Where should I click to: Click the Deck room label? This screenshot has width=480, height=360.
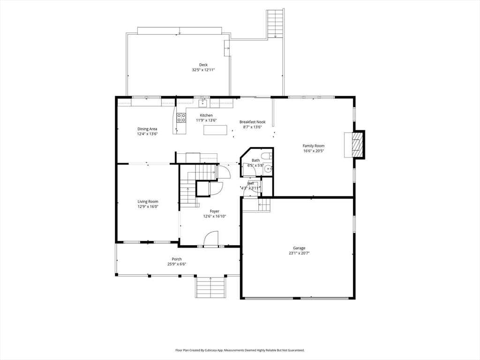point(203,65)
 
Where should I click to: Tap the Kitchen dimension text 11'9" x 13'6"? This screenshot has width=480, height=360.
point(206,120)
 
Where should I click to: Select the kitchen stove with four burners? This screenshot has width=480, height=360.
point(181,118)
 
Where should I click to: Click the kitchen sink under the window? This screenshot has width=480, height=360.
point(202,103)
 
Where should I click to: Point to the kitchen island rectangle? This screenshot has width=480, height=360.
point(216,130)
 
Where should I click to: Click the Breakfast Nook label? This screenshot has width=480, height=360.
point(252,122)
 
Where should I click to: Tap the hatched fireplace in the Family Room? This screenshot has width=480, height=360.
point(357,144)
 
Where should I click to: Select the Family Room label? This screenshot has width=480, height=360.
point(314,146)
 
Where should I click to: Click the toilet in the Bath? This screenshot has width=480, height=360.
point(267,156)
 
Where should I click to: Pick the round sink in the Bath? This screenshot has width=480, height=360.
point(268,168)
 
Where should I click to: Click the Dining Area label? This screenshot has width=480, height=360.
point(147,129)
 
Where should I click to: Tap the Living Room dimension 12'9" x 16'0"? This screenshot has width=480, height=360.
point(148,207)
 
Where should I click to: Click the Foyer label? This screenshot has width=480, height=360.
point(214,211)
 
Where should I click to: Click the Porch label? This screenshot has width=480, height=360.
point(177,259)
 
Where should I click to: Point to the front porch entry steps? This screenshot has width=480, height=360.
point(210,286)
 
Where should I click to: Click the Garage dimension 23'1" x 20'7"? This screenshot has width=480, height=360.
point(299,253)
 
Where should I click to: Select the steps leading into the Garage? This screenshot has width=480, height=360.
point(264,205)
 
